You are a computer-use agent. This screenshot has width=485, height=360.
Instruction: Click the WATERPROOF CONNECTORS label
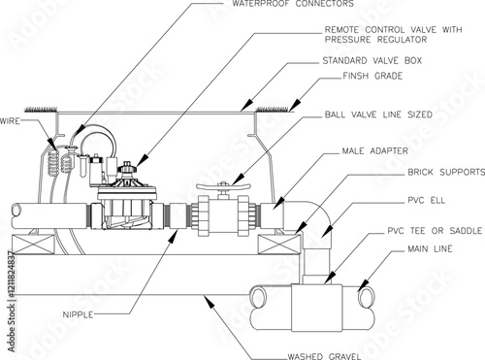pos(293,4)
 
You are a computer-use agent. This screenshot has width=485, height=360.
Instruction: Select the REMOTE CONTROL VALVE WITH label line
pos(394,30)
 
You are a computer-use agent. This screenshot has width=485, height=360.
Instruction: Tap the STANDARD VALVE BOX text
pos(372,60)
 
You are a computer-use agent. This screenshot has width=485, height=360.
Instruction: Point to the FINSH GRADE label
pos(372,76)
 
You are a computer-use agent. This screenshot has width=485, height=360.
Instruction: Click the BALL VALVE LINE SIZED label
pos(378,115)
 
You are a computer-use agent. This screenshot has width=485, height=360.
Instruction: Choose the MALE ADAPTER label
pos(375,150)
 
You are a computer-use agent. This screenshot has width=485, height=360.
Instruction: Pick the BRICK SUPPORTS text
pos(446,172)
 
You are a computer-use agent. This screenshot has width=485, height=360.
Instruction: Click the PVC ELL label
pos(426,200)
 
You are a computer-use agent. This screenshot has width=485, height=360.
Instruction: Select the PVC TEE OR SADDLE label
pos(435,231)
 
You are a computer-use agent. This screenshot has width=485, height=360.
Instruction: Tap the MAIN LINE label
pos(430,248)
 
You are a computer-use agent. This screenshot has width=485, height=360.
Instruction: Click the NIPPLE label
pos(78,314)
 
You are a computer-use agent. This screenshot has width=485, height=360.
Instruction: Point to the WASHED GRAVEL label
pos(324,356)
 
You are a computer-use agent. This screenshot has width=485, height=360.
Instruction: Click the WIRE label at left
pos(10,121)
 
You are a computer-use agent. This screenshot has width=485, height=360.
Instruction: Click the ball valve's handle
pos(223,186)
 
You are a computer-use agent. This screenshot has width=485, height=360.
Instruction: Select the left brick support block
pos(33,245)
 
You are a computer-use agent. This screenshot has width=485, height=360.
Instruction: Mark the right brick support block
pos(279,245)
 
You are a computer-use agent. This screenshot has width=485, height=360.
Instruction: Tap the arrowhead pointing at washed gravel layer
pos(210,301)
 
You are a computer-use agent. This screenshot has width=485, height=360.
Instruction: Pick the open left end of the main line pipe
pos(258,297)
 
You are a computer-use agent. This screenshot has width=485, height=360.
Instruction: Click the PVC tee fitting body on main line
pos(316,308)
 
